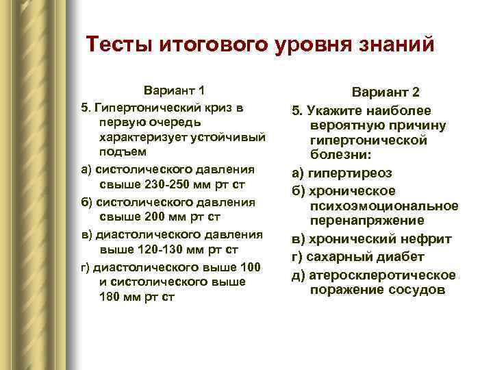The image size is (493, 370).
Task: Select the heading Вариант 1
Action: click(x=174, y=91)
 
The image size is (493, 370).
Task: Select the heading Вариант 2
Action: click(x=386, y=93)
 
